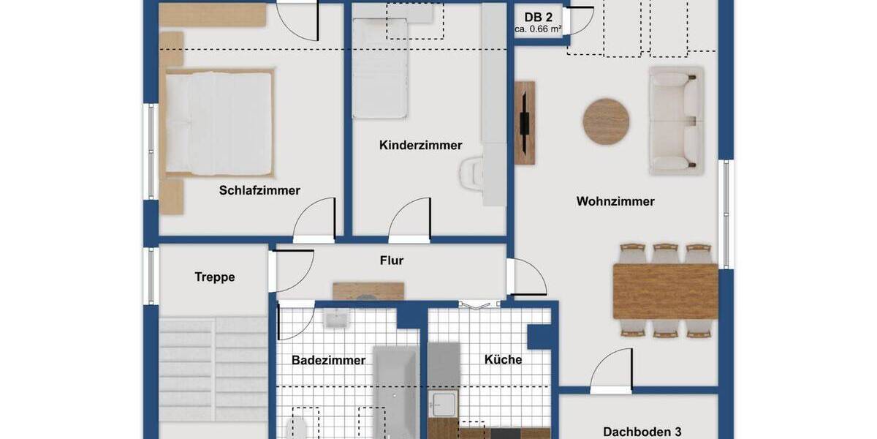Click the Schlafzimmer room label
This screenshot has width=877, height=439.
tap(259, 190)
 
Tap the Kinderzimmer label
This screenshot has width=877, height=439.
tap(420, 146)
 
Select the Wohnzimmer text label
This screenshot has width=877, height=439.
tap(615, 201)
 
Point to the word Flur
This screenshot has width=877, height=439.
tap(392, 260)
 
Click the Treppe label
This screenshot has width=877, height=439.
tap(215, 277)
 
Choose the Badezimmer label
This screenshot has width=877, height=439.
tap(328, 360)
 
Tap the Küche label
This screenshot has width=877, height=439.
tap(503, 359)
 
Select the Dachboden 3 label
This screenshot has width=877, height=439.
tap(642, 432)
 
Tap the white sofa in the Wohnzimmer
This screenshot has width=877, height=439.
tap(676, 121)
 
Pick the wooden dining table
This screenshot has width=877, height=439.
tap(665, 291)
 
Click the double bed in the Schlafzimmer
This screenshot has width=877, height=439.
tap(218, 123)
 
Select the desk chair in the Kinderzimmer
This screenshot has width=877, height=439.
tap(470, 175)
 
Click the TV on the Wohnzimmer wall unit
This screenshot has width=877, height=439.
tap(524, 122)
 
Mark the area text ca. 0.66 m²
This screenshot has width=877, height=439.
tap(537, 30)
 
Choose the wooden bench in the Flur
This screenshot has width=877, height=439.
tap(368, 291)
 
